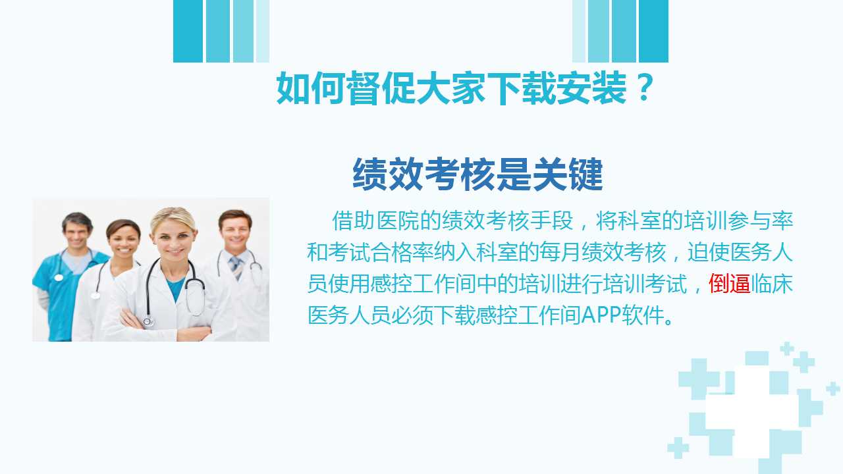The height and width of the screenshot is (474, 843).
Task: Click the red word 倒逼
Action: click(730, 284)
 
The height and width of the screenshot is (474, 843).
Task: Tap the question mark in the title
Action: click(645, 88)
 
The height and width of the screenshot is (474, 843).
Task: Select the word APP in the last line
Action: click(601, 315)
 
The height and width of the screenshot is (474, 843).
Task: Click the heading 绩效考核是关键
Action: click(478, 174)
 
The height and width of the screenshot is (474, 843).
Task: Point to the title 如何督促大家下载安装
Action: click(452, 88)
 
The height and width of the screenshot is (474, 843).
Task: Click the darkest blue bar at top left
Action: click(188, 31)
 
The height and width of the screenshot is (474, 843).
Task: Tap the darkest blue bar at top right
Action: click(653, 31)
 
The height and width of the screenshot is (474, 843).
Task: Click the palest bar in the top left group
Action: click(263, 31)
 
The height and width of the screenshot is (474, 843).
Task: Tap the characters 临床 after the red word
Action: click(772, 284)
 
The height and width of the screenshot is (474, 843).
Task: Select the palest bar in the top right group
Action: click(579, 31)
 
